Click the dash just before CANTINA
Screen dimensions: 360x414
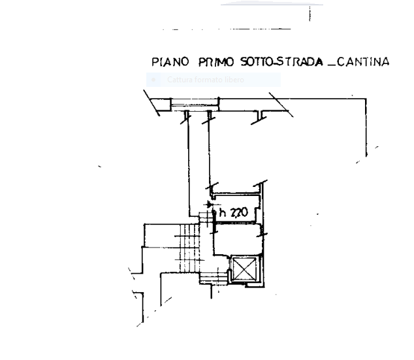(x=332, y=65)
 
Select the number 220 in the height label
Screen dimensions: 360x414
(x=240, y=212)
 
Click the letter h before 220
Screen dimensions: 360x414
(x=223, y=212)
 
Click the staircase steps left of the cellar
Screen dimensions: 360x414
(x=191, y=248)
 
